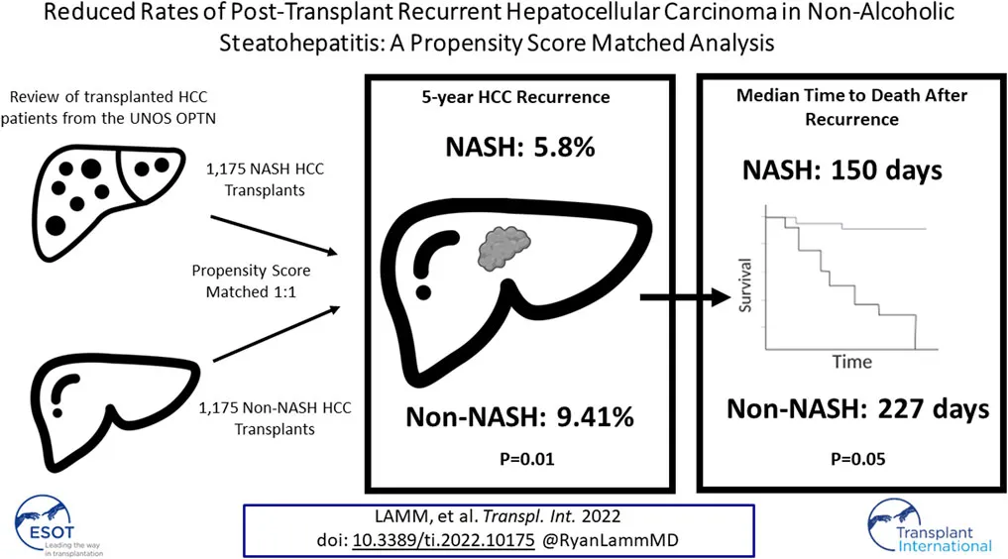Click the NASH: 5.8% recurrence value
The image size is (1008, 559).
(x=520, y=147)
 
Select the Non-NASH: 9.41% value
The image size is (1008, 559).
(x=520, y=417)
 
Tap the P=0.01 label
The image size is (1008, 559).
(x=527, y=459)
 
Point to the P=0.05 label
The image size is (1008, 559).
(x=858, y=459)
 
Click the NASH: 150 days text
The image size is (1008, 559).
(x=842, y=170)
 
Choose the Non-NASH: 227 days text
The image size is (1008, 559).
(x=858, y=408)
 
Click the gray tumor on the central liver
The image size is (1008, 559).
(x=504, y=248)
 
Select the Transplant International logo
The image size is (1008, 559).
(x=930, y=526)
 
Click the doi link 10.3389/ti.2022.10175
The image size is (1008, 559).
(x=444, y=540)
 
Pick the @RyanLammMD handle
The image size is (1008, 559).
(x=611, y=540)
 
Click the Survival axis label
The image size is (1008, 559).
(x=745, y=285)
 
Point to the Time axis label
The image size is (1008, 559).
(x=852, y=362)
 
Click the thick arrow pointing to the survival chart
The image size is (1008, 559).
(x=685, y=297)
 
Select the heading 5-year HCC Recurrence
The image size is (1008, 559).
(x=515, y=97)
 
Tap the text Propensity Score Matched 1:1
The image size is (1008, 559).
(x=252, y=280)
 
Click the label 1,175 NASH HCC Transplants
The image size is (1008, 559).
(x=265, y=179)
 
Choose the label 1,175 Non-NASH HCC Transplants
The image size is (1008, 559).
(x=275, y=418)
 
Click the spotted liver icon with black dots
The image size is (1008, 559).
(x=107, y=201)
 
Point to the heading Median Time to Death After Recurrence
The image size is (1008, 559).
(x=851, y=107)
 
